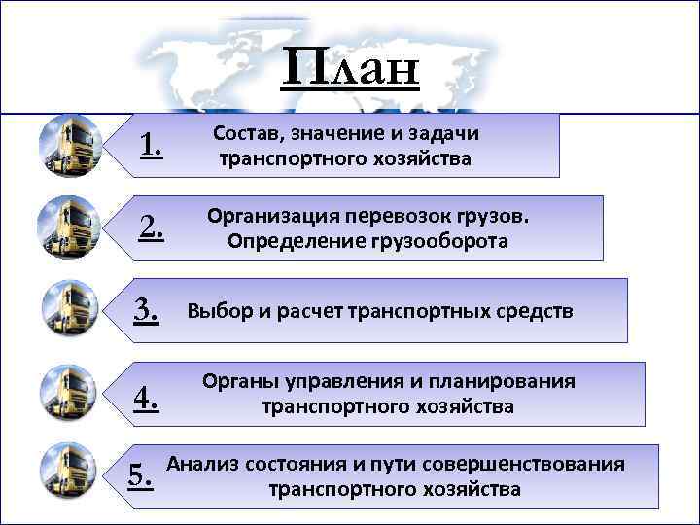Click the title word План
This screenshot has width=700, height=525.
351,69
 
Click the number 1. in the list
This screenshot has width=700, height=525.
151,147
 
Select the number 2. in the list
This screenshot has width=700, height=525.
151,227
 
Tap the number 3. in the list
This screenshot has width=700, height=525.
147,310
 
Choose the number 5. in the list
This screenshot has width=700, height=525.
141,473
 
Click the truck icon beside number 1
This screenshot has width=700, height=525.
70,146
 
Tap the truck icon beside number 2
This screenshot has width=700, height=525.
69,227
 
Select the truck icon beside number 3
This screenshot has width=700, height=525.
70,308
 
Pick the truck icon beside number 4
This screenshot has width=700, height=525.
70,392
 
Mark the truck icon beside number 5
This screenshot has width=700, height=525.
70,471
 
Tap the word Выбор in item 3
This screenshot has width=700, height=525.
219,312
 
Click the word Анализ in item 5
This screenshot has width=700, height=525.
206,464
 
